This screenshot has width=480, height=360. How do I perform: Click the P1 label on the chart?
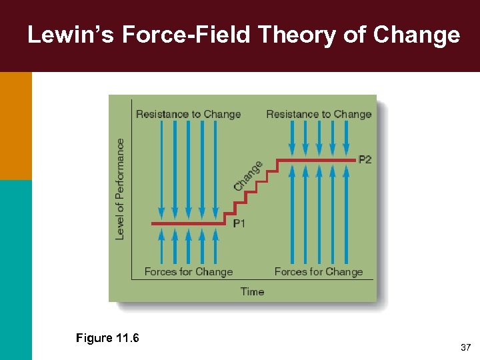point(239,223)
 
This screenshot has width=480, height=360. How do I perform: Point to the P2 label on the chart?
point(365,160)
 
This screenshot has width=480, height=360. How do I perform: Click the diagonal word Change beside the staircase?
point(247,175)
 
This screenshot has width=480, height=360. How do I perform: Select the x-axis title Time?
point(252,291)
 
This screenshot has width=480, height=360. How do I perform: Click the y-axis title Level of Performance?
point(120,189)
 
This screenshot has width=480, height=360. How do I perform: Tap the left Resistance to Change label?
point(188,114)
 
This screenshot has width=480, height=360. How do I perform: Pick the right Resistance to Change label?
point(319,114)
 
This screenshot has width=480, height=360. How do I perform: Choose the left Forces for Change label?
point(189,271)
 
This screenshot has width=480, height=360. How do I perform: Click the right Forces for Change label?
point(319,271)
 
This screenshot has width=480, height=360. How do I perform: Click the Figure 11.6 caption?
point(107,338)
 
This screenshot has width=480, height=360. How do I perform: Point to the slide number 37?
point(465,348)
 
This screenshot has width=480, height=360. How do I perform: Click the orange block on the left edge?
point(15,125)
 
